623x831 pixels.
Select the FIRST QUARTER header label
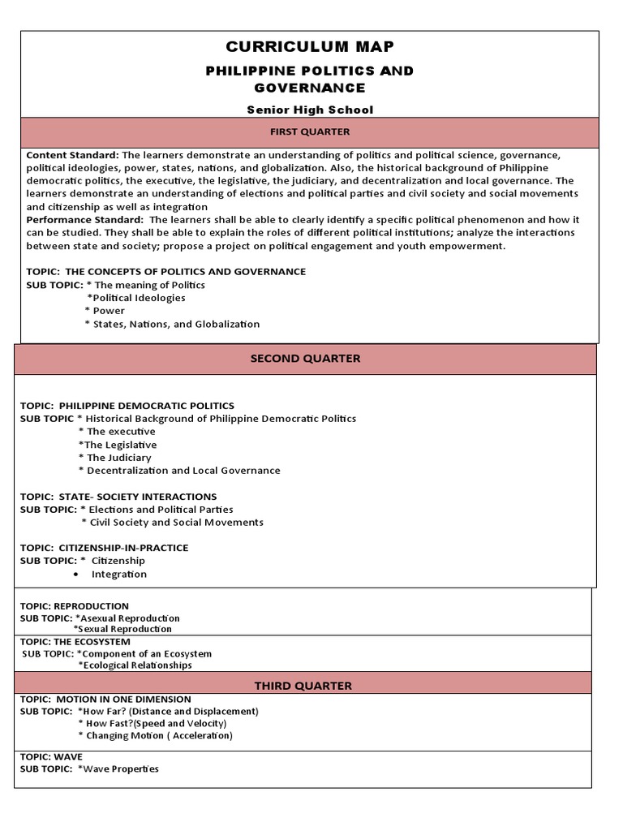tap(309, 131)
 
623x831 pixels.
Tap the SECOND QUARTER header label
tap(305, 359)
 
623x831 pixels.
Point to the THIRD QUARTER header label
tap(303, 686)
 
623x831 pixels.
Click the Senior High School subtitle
tap(309, 110)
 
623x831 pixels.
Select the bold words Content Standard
tap(73, 155)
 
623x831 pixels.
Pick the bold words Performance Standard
tap(85, 220)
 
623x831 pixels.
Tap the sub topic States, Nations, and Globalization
tap(174, 324)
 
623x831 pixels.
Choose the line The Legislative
tap(118, 445)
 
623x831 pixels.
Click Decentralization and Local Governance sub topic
tap(180, 471)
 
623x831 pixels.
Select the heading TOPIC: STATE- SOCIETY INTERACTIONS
tap(118, 497)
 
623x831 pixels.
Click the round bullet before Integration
tap(75, 575)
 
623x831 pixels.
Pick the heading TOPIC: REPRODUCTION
tap(75, 606)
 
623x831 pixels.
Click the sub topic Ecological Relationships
tap(135, 665)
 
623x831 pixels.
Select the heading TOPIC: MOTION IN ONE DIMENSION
tap(105, 700)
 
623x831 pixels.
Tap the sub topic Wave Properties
tap(118, 769)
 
